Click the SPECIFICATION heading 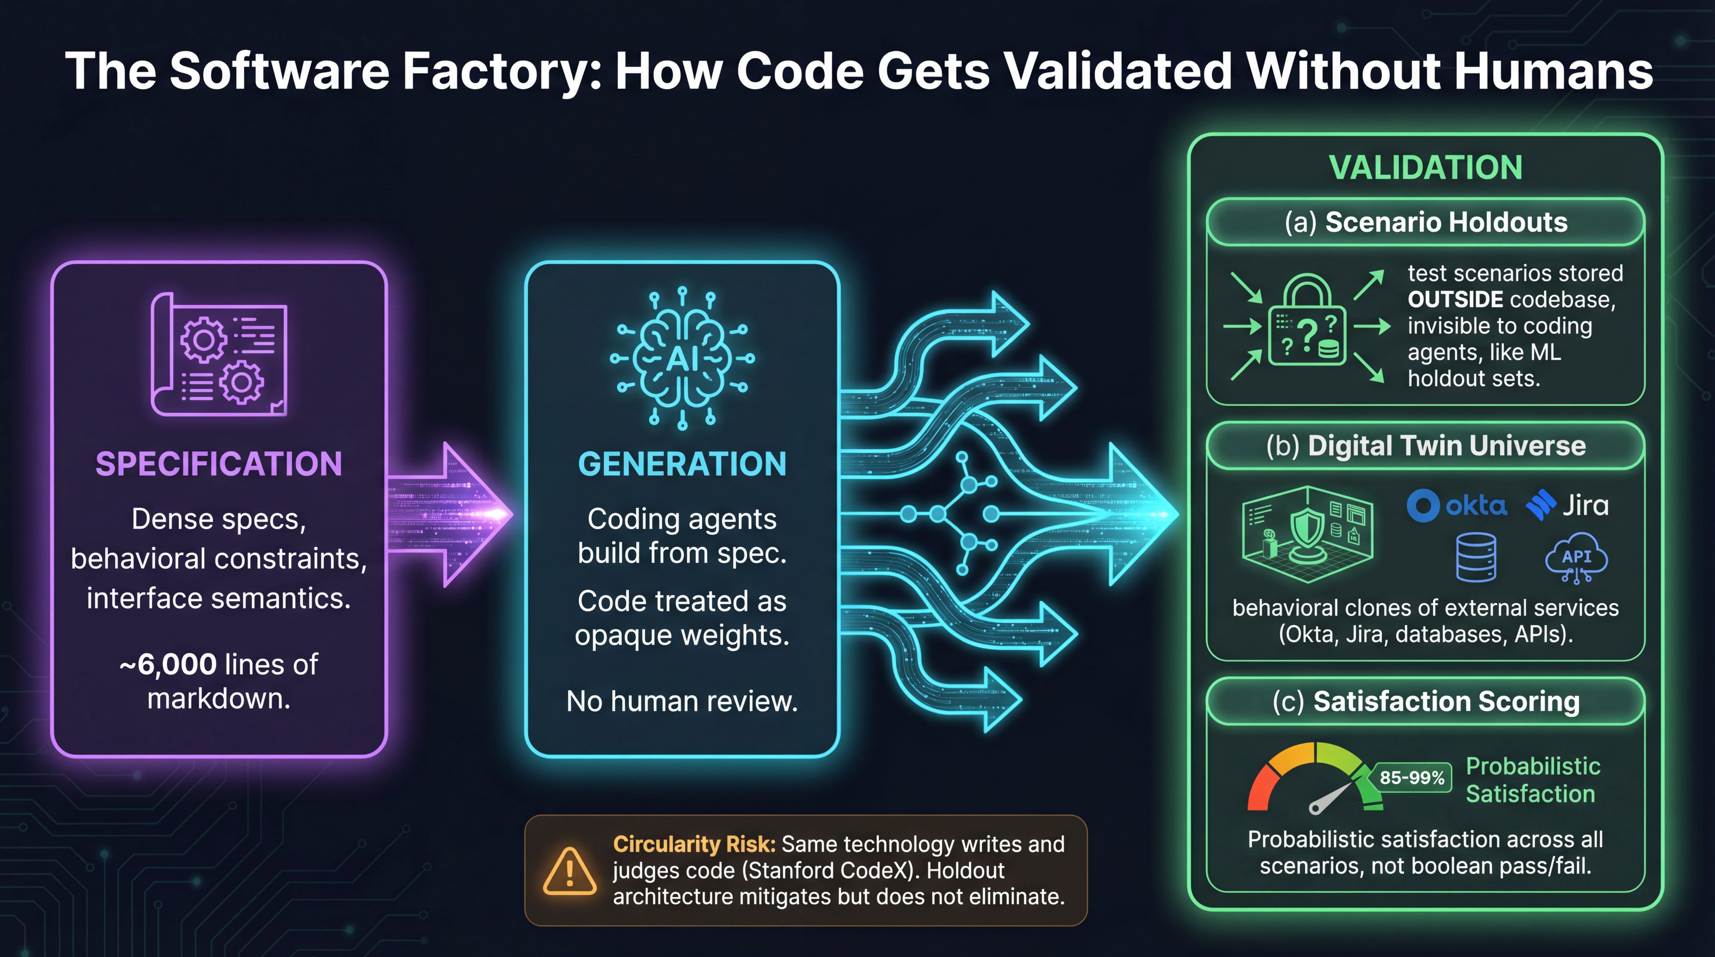(218, 464)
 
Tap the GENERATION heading (682, 464)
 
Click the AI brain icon (682, 358)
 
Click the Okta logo (1457, 506)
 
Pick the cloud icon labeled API (1576, 559)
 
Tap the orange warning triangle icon (569, 871)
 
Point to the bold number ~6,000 (169, 664)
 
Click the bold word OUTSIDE (1455, 299)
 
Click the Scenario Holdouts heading (1426, 222)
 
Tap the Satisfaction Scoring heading (1426, 702)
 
